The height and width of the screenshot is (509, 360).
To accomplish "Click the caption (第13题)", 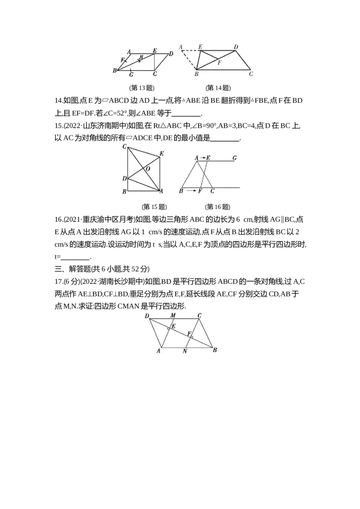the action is pyautogui.click(x=142, y=88).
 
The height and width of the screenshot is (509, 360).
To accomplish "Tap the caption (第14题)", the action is pyautogui.click(x=218, y=88).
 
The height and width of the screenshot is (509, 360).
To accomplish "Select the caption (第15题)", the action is pyautogui.click(x=154, y=207).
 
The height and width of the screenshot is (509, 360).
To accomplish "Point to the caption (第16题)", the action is pyautogui.click(x=217, y=207).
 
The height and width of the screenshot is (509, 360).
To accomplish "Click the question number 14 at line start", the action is pyautogui.click(x=58, y=101).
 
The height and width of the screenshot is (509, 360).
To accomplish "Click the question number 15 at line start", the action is pyautogui.click(x=58, y=125).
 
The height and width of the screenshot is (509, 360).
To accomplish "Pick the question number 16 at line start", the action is pyautogui.click(x=58, y=219).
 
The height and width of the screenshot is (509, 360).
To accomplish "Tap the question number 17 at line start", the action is pyautogui.click(x=58, y=281).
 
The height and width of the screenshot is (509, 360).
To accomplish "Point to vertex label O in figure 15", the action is pyautogui.click(x=148, y=169).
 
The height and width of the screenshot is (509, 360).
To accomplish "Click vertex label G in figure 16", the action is pyautogui.click(x=234, y=158).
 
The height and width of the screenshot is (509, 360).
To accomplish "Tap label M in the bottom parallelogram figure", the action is pyautogui.click(x=173, y=315).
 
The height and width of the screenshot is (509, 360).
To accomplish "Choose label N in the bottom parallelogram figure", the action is pyautogui.click(x=184, y=351).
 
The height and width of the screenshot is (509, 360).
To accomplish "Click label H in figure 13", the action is pyautogui.click(x=141, y=57).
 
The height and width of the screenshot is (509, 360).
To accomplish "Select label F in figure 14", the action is pyautogui.click(x=219, y=63).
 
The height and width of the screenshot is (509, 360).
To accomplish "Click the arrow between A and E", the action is pyautogui.click(x=203, y=158).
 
